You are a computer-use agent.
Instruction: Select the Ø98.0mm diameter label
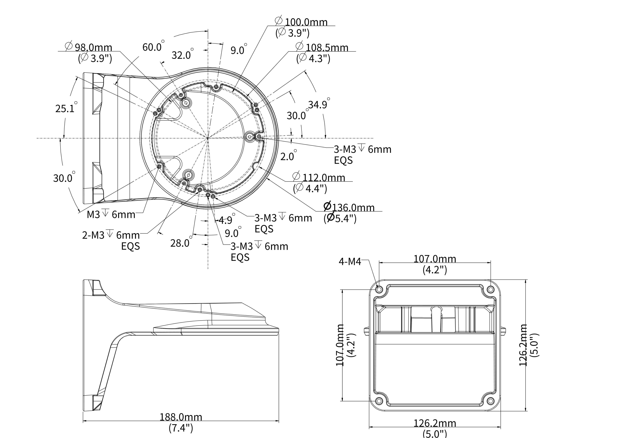pos(89,47)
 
